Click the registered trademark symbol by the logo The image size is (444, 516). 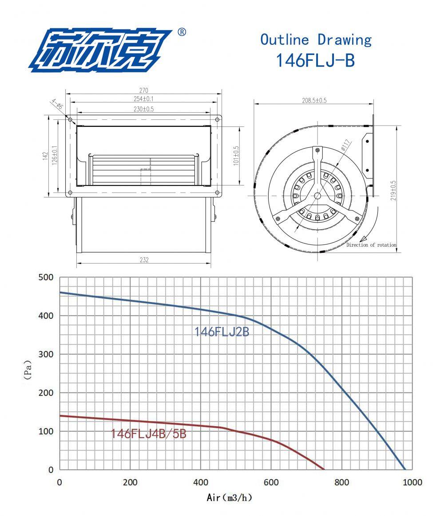[182, 32]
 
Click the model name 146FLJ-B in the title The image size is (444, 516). [315, 60]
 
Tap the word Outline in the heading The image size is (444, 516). [285, 40]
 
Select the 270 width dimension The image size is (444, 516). [143, 90]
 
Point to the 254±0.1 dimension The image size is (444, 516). [143, 99]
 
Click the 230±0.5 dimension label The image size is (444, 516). [143, 109]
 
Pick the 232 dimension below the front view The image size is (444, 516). [144, 260]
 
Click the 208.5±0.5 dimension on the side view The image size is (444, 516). [314, 100]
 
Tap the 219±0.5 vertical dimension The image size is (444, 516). [393, 190]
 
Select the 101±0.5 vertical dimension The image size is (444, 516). [236, 156]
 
